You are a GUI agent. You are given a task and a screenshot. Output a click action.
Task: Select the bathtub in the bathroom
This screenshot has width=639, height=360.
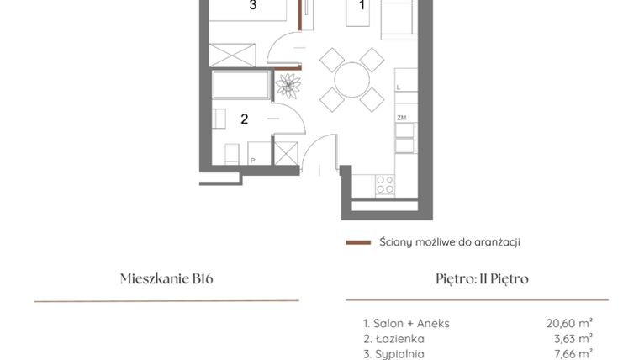(x=241, y=84)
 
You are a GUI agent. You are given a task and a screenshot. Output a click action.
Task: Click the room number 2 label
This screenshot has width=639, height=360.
(x=245, y=119)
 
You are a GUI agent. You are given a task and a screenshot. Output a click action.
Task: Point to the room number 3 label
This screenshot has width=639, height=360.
(x=253, y=6)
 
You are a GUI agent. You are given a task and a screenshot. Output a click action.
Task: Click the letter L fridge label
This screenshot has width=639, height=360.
(x=399, y=87)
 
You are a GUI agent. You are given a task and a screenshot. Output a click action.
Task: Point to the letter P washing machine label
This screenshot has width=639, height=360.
(x=252, y=159)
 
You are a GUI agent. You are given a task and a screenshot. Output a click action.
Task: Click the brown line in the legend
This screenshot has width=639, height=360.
(x=358, y=242)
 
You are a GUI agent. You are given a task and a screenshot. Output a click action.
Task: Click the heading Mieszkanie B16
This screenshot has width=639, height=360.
(x=166, y=279)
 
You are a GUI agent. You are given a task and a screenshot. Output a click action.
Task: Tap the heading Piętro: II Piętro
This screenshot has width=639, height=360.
(x=477, y=279)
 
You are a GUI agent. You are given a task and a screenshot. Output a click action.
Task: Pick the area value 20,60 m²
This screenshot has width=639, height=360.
(x=570, y=322)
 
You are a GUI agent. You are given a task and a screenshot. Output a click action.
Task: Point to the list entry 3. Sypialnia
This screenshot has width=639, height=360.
(x=393, y=354)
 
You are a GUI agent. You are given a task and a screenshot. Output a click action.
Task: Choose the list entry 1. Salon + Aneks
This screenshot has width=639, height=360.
(x=406, y=322)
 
